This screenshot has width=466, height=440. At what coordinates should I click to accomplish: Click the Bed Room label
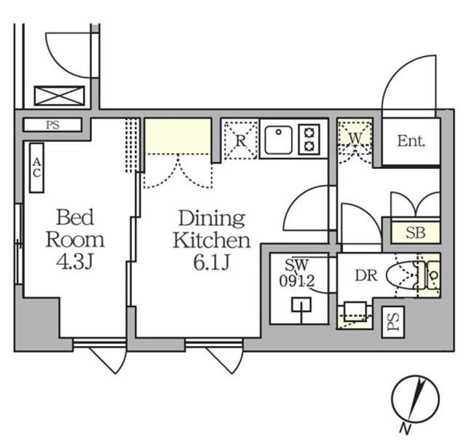[75, 228]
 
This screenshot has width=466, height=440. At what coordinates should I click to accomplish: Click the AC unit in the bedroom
[36, 168]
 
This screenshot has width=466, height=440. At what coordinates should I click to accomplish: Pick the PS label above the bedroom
[52, 125]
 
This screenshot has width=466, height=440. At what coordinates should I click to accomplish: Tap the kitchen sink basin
[278, 140]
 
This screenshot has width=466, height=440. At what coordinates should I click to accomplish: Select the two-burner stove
[309, 139]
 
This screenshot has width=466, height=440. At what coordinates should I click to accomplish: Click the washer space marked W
[355, 136]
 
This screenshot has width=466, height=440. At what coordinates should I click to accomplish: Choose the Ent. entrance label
[411, 141]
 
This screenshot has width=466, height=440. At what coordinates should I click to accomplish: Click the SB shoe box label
[415, 234]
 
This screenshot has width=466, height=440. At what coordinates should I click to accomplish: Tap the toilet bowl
[408, 275]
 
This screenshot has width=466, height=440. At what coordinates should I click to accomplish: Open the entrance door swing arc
[399, 86]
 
